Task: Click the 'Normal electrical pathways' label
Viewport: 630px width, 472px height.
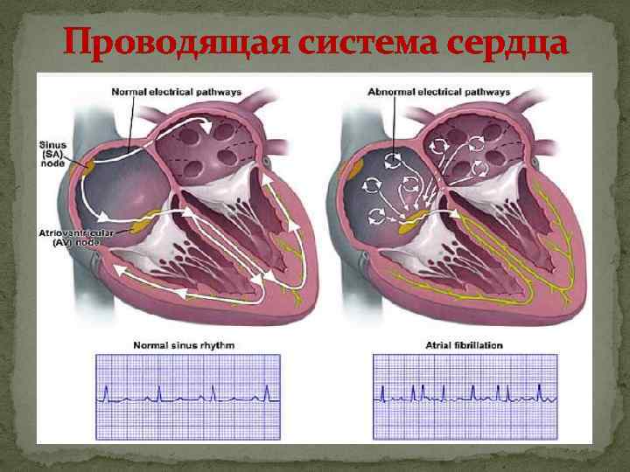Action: click(177, 92)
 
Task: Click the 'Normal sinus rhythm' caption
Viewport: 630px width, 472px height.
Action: click(184, 345)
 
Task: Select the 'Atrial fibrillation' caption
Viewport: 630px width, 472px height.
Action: click(465, 345)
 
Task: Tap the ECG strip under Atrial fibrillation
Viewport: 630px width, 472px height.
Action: click(465, 391)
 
